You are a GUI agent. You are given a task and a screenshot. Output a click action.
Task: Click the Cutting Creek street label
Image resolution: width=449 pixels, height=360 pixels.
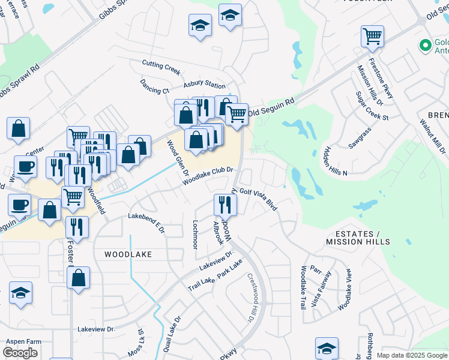point(161,67)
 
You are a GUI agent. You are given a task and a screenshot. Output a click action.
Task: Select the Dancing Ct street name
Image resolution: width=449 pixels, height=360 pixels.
point(154,87)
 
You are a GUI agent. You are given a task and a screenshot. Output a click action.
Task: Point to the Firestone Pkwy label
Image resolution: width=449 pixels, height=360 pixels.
point(381,78)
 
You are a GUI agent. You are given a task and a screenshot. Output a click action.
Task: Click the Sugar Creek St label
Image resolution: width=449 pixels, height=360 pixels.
point(372,106)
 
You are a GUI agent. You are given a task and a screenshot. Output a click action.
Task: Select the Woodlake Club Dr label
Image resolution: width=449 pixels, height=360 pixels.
point(207,175)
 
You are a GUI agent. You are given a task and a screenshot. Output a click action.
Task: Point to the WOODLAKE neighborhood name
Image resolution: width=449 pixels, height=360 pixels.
point(128,254)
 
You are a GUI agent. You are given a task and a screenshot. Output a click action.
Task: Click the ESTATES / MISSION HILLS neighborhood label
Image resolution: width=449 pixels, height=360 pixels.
point(358,238)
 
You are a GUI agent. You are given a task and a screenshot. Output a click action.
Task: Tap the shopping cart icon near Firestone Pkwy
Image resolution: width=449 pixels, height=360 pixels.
point(372,37)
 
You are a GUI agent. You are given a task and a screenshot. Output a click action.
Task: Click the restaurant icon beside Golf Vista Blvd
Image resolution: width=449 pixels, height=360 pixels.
point(225,205)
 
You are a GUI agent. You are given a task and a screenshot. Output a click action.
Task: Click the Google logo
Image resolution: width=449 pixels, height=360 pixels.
point(20,353)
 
